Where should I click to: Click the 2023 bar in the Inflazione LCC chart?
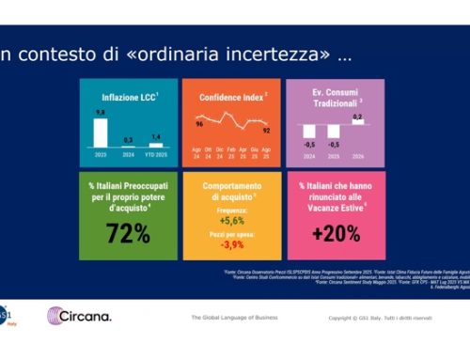click(x=100, y=132)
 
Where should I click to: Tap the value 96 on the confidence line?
click(x=200, y=123)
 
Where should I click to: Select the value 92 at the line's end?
click(x=267, y=130)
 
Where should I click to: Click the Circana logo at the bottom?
click(x=79, y=315)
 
